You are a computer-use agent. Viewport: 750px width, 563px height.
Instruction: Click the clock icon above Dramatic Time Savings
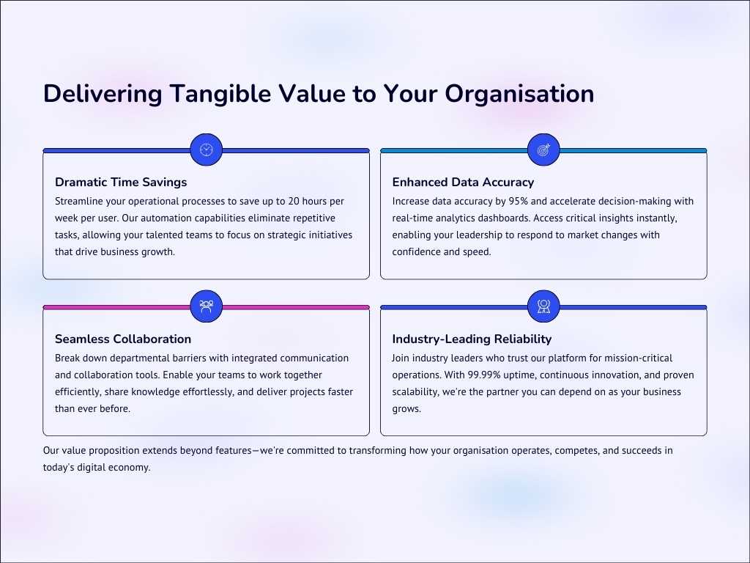(206, 150)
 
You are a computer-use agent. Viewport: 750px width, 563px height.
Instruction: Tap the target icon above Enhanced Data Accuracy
(543, 150)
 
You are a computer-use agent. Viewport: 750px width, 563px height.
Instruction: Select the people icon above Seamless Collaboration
(206, 306)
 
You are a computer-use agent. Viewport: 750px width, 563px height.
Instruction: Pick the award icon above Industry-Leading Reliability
(543, 306)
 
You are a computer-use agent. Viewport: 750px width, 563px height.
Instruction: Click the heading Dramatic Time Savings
(121, 182)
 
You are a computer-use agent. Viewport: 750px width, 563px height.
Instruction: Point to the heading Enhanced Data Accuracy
(463, 182)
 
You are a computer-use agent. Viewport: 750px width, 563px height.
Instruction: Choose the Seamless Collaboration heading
(123, 339)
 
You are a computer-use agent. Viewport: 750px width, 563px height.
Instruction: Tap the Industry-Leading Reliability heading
(472, 339)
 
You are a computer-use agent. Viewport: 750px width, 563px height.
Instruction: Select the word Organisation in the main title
(519, 94)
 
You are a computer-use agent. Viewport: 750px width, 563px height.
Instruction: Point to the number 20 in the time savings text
(294, 201)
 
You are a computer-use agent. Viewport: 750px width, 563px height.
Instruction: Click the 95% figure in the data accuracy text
(519, 201)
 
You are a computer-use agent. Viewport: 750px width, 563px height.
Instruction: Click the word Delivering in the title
(103, 94)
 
